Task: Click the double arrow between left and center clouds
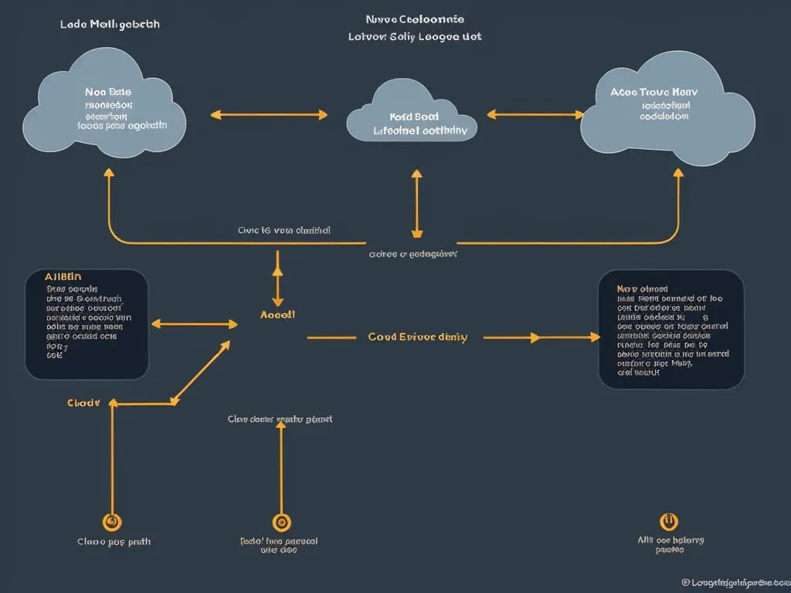pos(269,115)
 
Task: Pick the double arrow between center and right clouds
pos(535,115)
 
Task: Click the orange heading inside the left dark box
pos(63,276)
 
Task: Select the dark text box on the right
pos(671,329)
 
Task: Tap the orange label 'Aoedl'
pos(277,315)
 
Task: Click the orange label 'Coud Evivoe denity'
pos(417,337)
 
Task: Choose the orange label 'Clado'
pos(83,402)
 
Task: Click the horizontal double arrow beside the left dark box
pos(195,324)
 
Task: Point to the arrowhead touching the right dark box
pos(593,337)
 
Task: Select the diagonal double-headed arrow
pos(201,372)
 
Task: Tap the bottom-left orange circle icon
pos(113,522)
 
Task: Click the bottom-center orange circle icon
pos(281,523)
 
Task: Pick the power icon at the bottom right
pos(669,522)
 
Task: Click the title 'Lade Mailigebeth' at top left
pos(110,24)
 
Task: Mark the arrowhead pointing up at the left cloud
pos(109,173)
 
